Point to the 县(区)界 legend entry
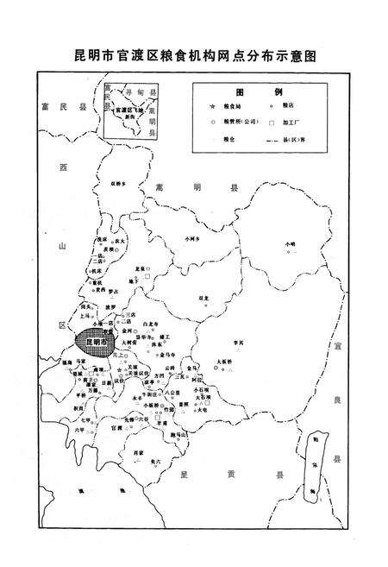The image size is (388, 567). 294,138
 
